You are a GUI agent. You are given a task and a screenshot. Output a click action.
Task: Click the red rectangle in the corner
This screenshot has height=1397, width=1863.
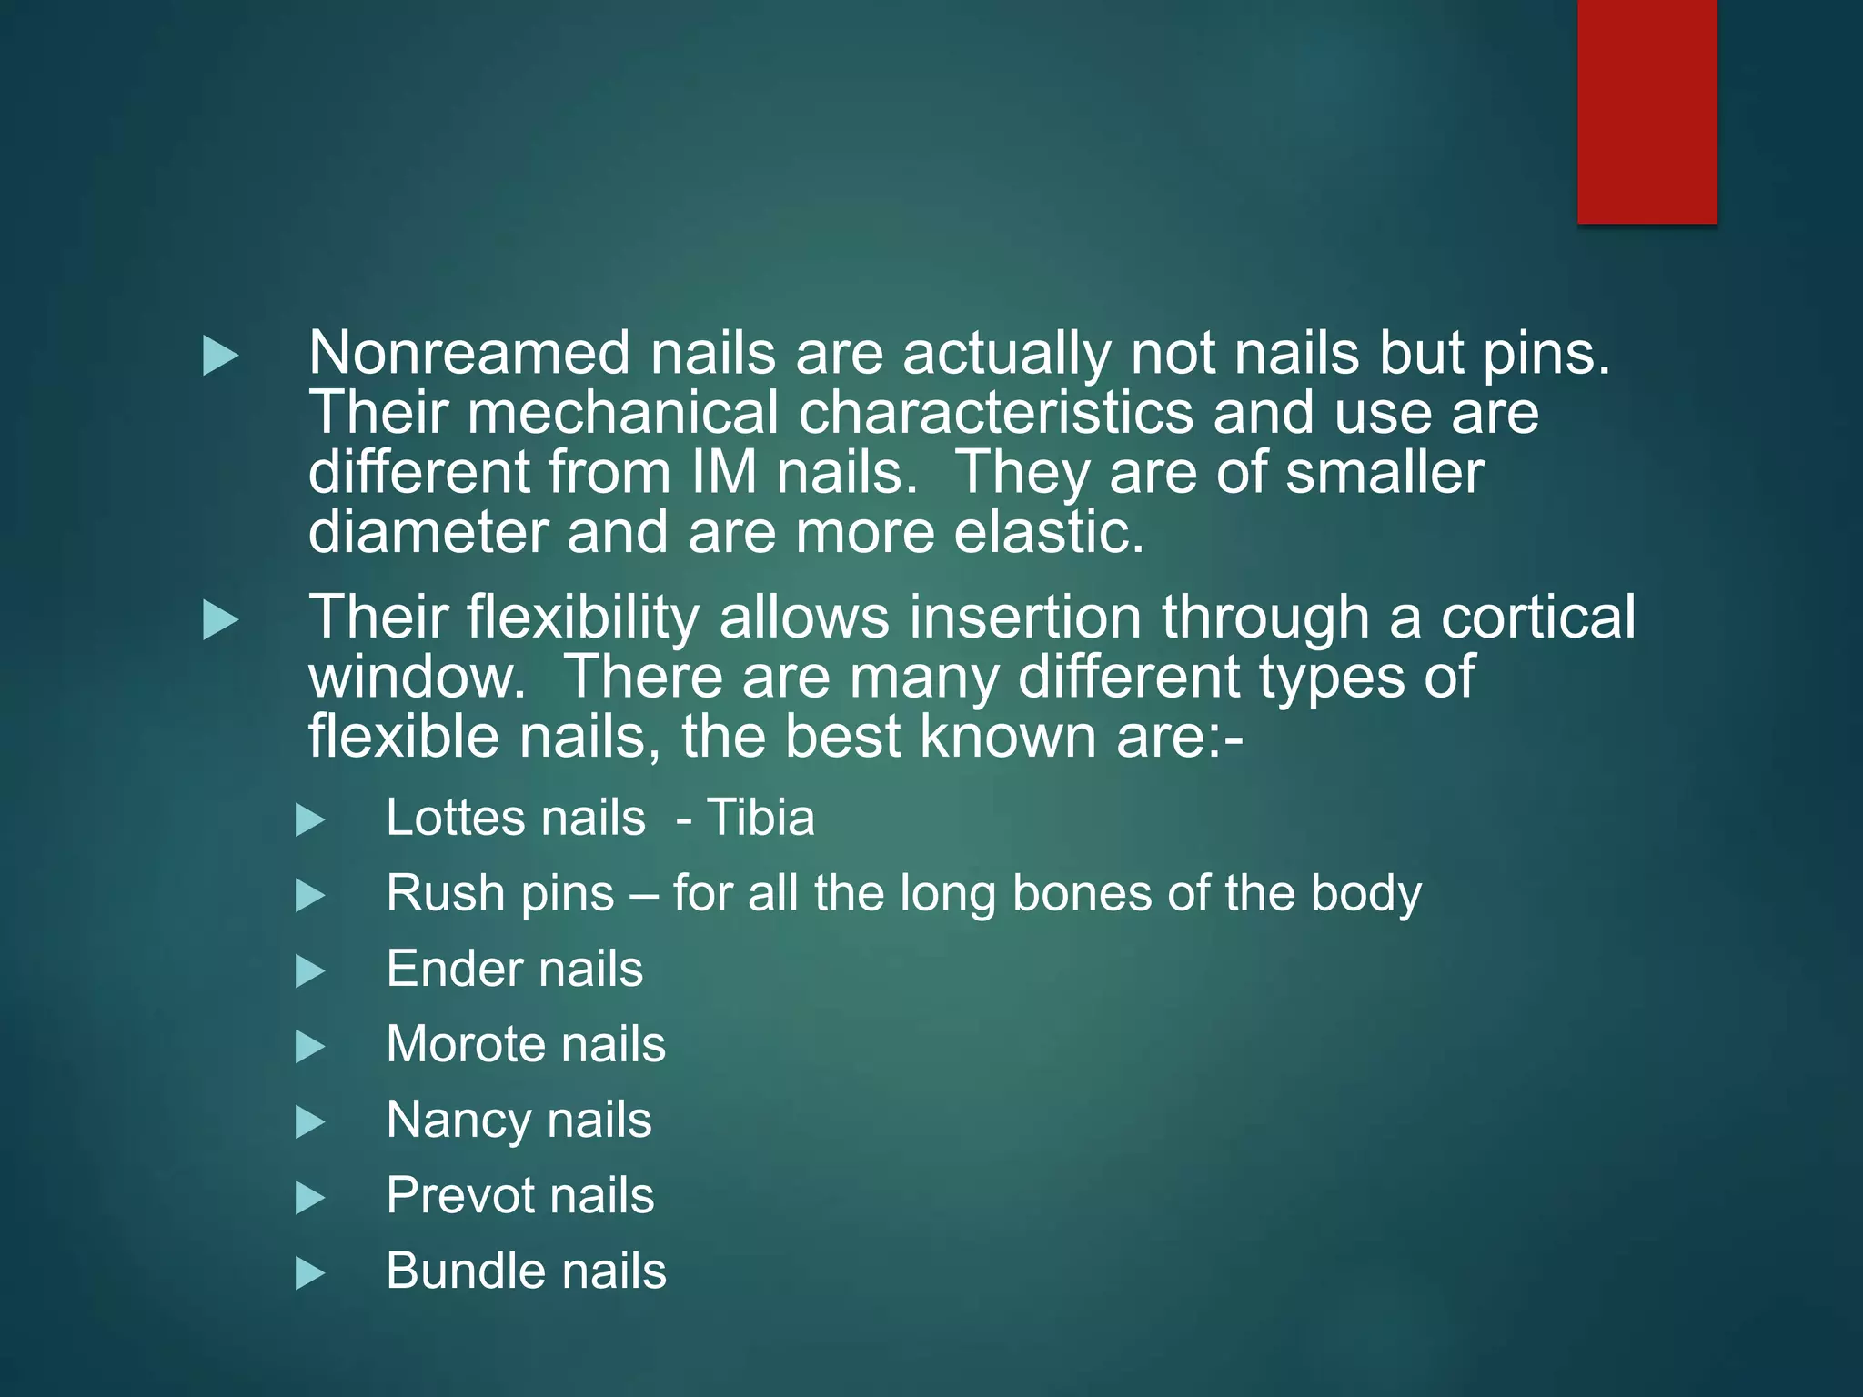(1646, 111)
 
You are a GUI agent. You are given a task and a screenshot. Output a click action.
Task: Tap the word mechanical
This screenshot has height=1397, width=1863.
(623, 413)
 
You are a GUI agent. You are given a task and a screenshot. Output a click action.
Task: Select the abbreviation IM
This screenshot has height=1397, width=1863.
(723, 473)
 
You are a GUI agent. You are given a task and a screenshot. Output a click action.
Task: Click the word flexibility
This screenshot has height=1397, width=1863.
(582, 618)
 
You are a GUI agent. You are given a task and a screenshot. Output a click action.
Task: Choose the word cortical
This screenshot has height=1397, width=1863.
(1537, 618)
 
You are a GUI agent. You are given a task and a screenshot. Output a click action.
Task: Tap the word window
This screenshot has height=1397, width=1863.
(417, 678)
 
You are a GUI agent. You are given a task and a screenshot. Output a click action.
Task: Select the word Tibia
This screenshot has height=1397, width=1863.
(760, 818)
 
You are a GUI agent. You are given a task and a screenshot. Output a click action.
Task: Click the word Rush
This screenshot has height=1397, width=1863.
(431, 893)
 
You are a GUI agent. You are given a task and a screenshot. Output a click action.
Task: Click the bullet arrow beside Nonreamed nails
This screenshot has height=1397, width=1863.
(220, 356)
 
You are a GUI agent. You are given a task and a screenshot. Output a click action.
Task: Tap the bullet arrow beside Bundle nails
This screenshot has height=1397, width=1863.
(310, 1273)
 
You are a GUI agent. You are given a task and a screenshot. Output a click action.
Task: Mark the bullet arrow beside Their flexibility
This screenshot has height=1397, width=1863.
(220, 620)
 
